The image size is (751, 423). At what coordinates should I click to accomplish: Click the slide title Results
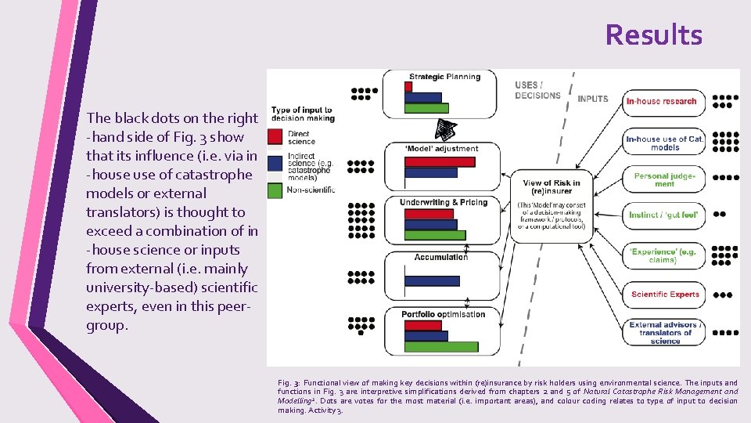[653, 35]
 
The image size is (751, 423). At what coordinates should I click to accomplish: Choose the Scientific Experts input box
[665, 295]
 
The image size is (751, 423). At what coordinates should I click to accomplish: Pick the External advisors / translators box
[665, 332]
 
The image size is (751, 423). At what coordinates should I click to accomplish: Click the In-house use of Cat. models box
[664, 143]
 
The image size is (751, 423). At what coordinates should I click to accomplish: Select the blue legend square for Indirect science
[275, 162]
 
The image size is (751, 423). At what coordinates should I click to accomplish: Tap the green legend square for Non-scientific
[275, 189]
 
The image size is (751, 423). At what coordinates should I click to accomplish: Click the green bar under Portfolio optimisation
[441, 346]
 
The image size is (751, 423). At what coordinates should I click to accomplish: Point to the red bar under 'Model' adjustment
[440, 162]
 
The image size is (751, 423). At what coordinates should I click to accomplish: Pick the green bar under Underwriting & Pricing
[435, 235]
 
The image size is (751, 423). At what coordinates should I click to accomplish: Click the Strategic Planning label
[442, 77]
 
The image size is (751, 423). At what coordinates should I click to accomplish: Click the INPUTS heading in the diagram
[592, 99]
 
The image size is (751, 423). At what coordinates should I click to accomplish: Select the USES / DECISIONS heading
[537, 90]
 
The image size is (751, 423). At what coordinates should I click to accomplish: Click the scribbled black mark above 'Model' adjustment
[445, 129]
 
